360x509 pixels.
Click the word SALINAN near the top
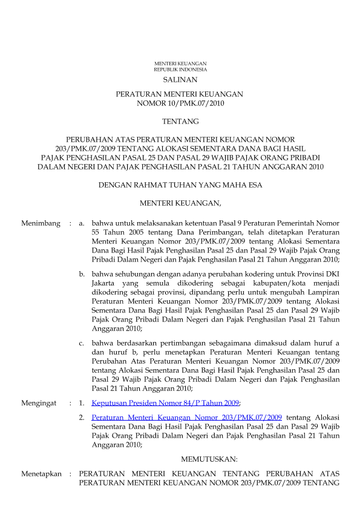tap(180, 79)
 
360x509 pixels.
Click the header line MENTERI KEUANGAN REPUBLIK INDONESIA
tap(180, 67)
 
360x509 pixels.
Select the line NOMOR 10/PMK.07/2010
tap(180, 103)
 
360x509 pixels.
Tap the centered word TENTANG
tap(180, 121)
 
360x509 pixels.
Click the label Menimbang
tap(41, 223)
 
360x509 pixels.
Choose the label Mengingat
tap(39, 402)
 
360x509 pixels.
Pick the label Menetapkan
tap(41, 473)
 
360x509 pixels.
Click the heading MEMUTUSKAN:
tap(209, 459)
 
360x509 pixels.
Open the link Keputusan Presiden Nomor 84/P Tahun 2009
tap(165, 402)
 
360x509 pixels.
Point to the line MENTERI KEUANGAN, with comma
tap(180, 202)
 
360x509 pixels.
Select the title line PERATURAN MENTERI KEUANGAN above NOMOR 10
tap(180, 94)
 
